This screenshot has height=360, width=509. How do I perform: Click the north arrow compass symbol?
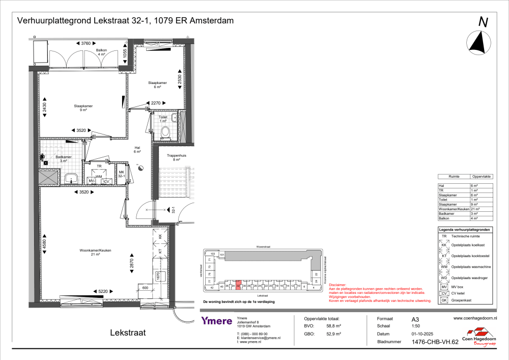(478, 43)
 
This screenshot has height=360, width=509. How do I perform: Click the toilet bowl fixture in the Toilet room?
(165, 132)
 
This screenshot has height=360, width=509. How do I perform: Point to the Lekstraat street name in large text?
(128, 333)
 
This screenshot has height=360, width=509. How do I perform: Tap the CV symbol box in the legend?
(444, 294)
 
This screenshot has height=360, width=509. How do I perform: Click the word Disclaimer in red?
(337, 285)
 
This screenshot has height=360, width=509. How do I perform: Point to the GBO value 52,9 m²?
(333, 335)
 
